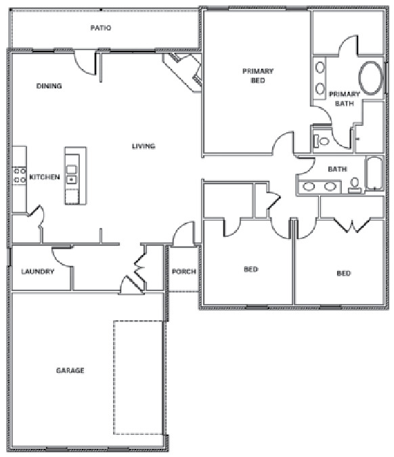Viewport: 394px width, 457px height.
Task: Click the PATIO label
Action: coord(101,28)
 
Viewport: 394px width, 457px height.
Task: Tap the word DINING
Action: coord(49,86)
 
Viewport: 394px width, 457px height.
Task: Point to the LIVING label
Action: coord(144,146)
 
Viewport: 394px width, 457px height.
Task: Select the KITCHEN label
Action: coord(45,177)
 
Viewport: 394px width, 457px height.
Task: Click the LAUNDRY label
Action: coord(38,271)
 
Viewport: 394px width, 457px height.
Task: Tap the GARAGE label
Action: coord(70,370)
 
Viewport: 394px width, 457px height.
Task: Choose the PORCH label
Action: coord(183,271)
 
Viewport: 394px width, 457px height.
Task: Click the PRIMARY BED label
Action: coord(258,76)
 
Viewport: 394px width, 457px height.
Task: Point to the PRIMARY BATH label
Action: coord(344,99)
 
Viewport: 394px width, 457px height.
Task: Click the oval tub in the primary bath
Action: coord(370,78)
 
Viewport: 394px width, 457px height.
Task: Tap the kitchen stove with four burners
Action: coord(20,176)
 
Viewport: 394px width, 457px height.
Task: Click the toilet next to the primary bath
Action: coord(321,142)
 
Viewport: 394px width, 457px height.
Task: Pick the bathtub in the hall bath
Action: coord(374,173)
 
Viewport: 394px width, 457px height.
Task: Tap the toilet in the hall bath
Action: coord(355,186)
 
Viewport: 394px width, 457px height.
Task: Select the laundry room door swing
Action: coord(62,257)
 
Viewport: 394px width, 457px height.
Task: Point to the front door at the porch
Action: coord(183,234)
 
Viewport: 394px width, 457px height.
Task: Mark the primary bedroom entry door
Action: coord(283,143)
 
